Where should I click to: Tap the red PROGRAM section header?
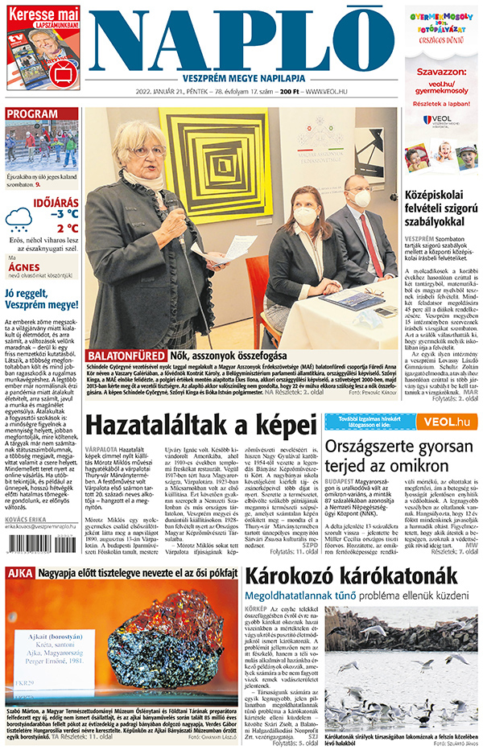(31, 113)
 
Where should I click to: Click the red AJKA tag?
(19, 596)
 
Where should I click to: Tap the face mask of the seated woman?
(305, 216)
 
